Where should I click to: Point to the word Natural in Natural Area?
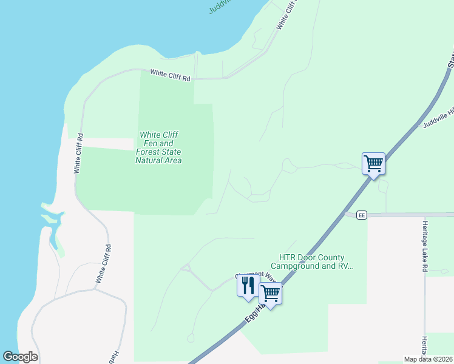[149, 160]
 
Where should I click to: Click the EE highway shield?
[361, 215]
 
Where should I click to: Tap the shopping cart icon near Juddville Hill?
[373, 163]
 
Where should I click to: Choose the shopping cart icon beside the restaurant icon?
[270, 294]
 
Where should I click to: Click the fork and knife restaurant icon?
[248, 286]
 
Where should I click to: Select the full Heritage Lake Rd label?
[425, 245]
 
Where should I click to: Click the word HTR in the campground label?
[286, 257]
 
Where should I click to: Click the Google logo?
[20, 357]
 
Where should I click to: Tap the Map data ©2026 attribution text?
[429, 359]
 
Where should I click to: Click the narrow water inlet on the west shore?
[56, 231]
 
